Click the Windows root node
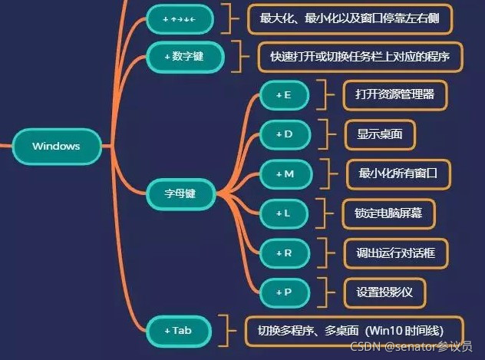[56, 146]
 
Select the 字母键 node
[180, 193]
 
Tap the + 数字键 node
[183, 56]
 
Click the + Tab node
[178, 330]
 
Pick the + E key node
[283, 94]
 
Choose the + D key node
[284, 134]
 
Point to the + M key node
[285, 173]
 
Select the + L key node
[283, 213]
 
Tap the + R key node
[283, 252]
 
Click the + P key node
[283, 291]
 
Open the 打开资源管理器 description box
[395, 94]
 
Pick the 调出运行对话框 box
[395, 252]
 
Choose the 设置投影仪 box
[384, 291]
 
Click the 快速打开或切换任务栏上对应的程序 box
[360, 56]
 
